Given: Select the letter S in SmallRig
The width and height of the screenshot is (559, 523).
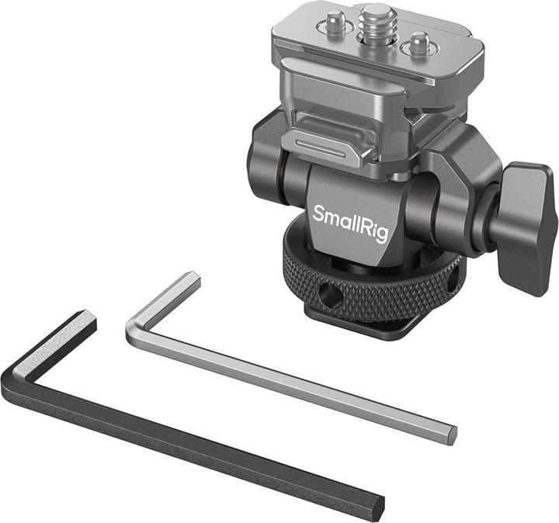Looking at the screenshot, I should pyautogui.click(x=318, y=211).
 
